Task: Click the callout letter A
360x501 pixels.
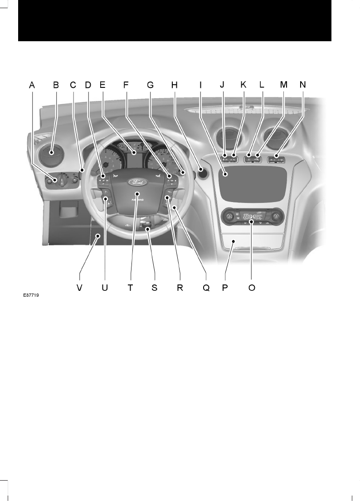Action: [32, 85]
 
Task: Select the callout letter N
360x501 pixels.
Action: [302, 85]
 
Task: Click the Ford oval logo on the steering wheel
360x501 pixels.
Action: [136, 182]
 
